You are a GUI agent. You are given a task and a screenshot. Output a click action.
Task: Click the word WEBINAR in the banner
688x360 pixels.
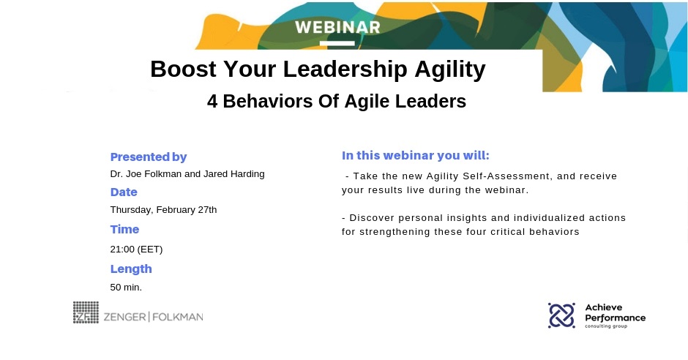coord(337,27)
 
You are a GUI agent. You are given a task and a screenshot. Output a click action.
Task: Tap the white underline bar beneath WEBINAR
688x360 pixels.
coord(337,43)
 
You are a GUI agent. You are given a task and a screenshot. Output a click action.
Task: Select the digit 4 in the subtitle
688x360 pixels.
coord(212,101)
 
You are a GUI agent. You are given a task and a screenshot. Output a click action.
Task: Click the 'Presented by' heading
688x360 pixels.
coord(149,157)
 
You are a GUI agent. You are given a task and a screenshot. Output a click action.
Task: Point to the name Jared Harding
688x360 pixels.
coord(234,174)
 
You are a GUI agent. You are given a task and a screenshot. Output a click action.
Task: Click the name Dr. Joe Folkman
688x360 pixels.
coord(146,174)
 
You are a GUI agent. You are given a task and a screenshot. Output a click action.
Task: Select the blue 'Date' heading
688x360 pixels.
coord(124,192)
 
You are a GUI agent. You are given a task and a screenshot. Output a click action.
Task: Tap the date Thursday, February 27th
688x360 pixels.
coord(163,209)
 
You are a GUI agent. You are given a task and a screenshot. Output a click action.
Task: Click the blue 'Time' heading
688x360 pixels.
coord(124,229)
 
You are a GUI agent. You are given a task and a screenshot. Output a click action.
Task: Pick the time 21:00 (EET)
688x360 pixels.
coord(136,249)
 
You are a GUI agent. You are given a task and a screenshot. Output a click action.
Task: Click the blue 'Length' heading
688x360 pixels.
coord(131,269)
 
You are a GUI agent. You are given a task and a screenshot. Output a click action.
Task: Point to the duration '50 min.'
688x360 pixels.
coord(126,288)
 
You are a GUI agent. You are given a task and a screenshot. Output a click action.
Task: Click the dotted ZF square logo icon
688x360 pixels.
coord(86,312)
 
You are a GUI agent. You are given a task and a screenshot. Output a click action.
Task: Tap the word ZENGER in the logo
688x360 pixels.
coord(124,317)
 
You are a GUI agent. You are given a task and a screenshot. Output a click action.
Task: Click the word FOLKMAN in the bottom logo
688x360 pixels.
coord(178,317)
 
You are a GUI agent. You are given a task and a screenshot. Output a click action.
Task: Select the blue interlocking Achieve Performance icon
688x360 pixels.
coord(561,315)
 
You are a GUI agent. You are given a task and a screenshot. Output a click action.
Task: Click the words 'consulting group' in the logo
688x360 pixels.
coord(606,326)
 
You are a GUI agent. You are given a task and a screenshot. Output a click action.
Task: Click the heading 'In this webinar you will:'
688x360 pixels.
coord(416,156)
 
